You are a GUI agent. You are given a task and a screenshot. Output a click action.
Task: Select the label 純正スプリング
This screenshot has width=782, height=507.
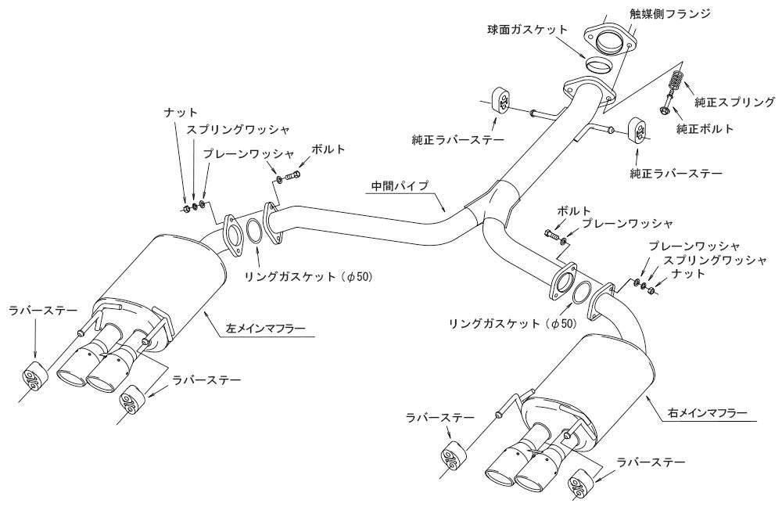click(x=734, y=102)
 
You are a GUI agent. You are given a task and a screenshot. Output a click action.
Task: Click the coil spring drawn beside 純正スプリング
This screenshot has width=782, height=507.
click(x=676, y=81)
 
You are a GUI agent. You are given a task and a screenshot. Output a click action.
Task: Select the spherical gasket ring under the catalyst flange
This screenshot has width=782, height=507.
click(x=600, y=63)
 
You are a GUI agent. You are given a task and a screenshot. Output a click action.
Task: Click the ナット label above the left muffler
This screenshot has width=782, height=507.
click(x=181, y=113)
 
